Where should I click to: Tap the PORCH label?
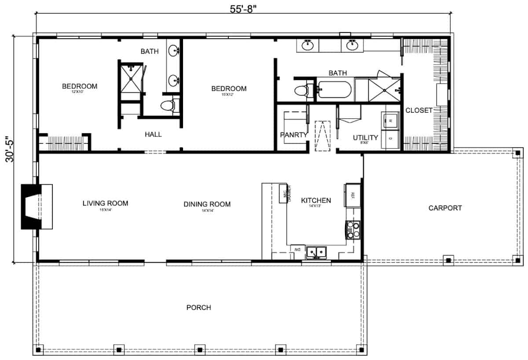(198, 307)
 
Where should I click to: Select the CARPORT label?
(445, 208)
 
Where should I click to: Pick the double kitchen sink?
(316, 252)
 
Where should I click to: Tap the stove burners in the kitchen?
(353, 230)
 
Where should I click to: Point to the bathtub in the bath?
(334, 90)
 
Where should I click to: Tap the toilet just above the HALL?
(168, 106)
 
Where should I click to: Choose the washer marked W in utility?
(390, 120)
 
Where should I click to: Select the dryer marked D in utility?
(390, 139)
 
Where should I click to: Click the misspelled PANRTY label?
(293, 135)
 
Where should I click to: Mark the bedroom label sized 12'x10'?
(79, 86)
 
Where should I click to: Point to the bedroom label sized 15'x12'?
(229, 89)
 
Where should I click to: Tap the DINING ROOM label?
(207, 204)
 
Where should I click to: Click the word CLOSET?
(419, 110)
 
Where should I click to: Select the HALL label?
(153, 134)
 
